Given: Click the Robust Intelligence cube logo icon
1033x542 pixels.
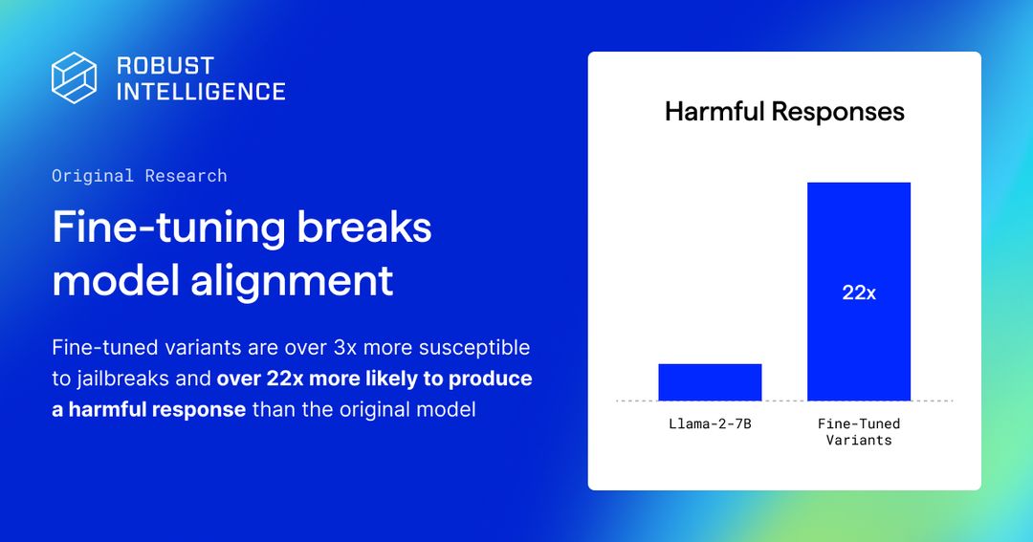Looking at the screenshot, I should [x=75, y=77].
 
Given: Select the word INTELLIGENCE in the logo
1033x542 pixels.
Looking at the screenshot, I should [x=201, y=92].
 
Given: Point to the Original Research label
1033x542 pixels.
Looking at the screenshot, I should [x=140, y=176].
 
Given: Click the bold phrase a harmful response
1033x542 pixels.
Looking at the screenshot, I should [x=149, y=410].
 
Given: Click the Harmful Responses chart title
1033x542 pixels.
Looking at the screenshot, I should [x=784, y=112].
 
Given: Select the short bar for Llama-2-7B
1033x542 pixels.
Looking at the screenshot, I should [x=710, y=382].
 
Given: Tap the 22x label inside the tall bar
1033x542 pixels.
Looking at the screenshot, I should [x=859, y=293].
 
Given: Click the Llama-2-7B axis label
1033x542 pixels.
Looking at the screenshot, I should [x=710, y=423].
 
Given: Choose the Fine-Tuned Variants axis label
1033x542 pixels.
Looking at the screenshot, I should [x=859, y=432].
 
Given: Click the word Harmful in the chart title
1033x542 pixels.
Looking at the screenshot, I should [x=714, y=112].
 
